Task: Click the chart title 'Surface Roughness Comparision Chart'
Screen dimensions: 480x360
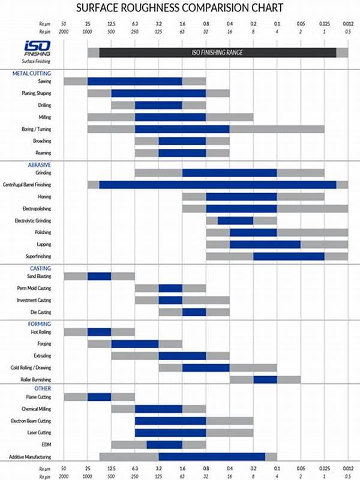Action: [180, 8]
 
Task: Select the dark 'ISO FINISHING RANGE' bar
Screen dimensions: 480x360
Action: [217, 52]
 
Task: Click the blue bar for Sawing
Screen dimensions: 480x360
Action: [134, 81]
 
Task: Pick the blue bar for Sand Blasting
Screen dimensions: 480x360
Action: [99, 277]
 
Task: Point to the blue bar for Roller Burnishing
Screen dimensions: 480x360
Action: [265, 379]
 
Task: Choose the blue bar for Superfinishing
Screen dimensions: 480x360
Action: [289, 256]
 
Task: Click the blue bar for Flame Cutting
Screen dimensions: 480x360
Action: [99, 397]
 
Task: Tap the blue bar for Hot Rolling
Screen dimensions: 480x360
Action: [99, 332]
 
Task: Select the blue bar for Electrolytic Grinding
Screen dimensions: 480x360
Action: [235, 221]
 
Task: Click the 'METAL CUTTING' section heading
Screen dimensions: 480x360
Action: [32, 73]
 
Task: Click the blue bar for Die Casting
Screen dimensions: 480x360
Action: [194, 312]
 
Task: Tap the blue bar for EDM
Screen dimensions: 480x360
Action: [164, 445]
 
